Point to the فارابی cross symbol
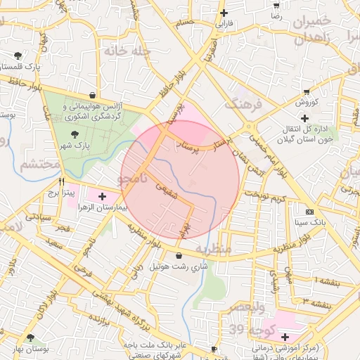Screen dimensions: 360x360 click(224, 13)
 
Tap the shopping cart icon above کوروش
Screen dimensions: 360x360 click(307, 91)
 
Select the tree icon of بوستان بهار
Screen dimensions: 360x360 click(30, 338)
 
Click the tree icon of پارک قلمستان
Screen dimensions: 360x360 click(17, 56)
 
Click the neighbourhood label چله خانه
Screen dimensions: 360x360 click(122, 51)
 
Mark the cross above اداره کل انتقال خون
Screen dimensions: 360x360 click(304, 117)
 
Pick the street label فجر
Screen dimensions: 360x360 click(63, 230)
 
